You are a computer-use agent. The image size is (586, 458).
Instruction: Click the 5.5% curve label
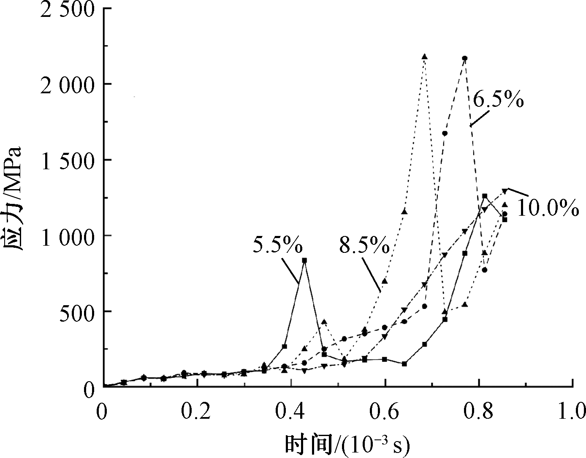277,244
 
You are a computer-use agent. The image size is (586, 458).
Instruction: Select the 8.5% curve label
364,244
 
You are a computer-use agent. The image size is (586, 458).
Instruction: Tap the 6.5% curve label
498,100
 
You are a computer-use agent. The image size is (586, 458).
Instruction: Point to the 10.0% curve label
548,208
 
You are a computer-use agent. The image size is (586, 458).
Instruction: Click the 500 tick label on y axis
74,312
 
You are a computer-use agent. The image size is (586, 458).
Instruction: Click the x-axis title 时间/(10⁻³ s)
347,444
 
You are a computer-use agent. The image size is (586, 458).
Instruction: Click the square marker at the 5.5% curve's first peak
304,260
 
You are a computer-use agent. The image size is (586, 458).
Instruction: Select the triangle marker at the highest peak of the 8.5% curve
424,57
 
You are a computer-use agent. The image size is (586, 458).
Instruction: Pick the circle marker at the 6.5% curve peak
464,58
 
